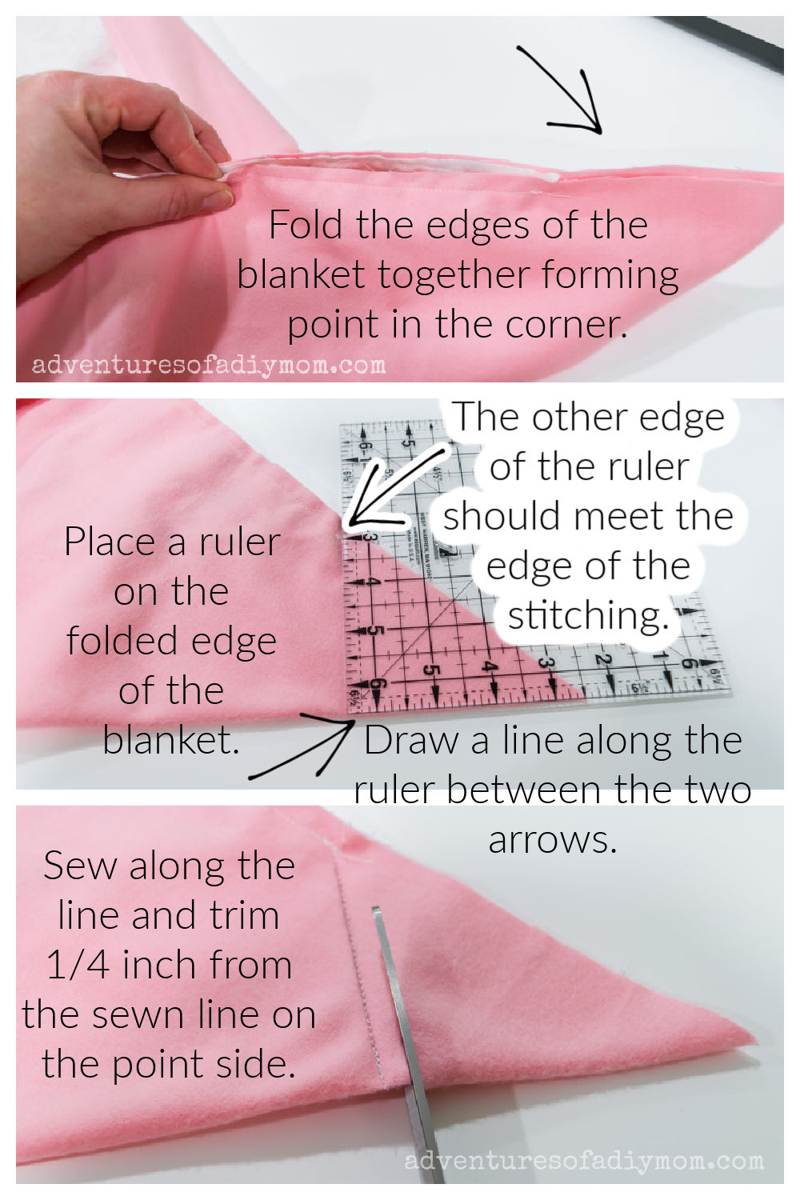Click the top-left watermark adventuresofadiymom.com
click(x=209, y=366)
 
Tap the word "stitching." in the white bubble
click(x=588, y=615)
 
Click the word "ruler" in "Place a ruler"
click(x=239, y=542)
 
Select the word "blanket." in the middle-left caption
click(x=171, y=740)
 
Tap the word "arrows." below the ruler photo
click(x=553, y=840)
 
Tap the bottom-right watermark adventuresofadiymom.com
click(x=584, y=1160)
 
